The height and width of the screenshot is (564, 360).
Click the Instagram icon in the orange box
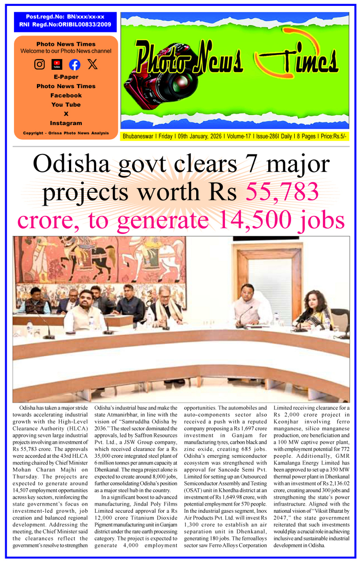point(40,64)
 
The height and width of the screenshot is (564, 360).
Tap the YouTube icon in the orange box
point(57,64)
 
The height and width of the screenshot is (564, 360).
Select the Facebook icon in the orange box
point(75,64)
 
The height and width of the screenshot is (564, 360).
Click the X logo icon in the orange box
point(93,64)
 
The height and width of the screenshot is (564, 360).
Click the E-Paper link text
point(66,77)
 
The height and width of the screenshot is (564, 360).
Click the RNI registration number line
point(65,25)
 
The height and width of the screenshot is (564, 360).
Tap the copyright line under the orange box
point(66,133)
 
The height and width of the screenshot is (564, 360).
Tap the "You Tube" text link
point(66,104)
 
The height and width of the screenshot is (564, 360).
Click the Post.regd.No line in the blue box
point(65,17)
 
